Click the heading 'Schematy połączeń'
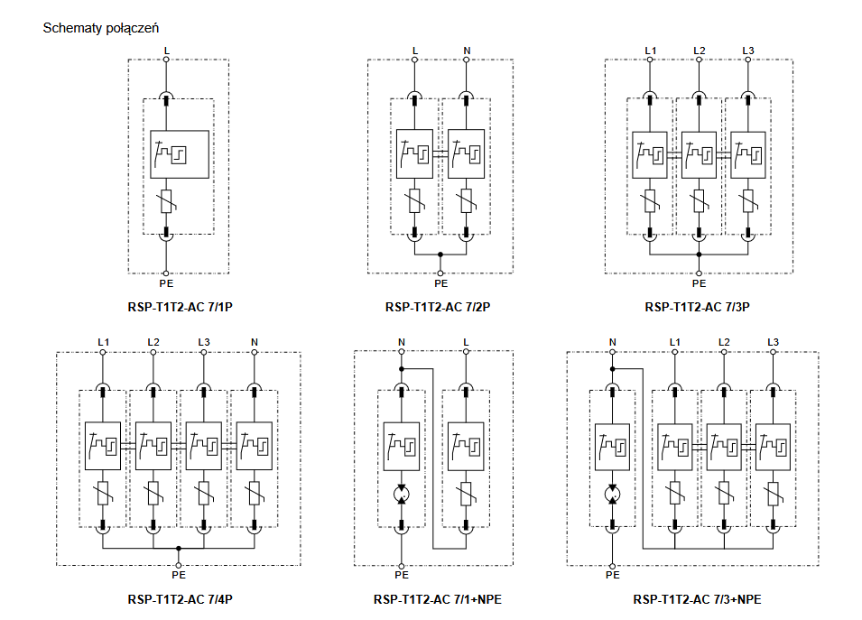(101, 29)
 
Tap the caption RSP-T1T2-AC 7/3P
(698, 307)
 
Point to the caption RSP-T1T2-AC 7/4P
(181, 598)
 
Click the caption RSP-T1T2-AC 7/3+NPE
(697, 598)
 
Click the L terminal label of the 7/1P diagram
(166, 49)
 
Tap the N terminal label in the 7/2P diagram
(466, 49)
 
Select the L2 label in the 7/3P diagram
(699, 49)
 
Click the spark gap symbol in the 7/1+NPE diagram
(402, 495)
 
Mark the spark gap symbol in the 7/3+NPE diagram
(612, 495)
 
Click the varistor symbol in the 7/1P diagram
(166, 204)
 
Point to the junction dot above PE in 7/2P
(440, 254)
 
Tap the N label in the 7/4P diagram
(254, 341)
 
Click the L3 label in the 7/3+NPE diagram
(773, 341)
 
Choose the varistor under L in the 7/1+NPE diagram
(466, 495)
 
